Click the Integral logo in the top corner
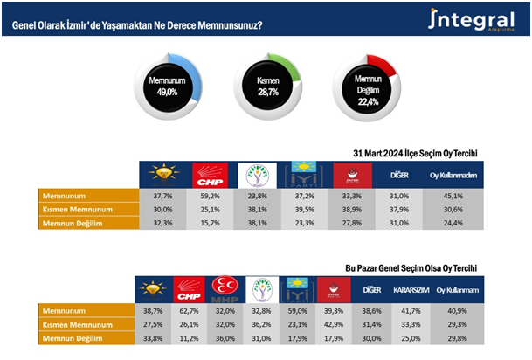[471, 21]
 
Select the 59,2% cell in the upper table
[211, 197]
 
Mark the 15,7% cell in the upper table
[211, 223]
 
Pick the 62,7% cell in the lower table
[189, 310]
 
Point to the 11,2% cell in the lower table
[189, 336]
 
